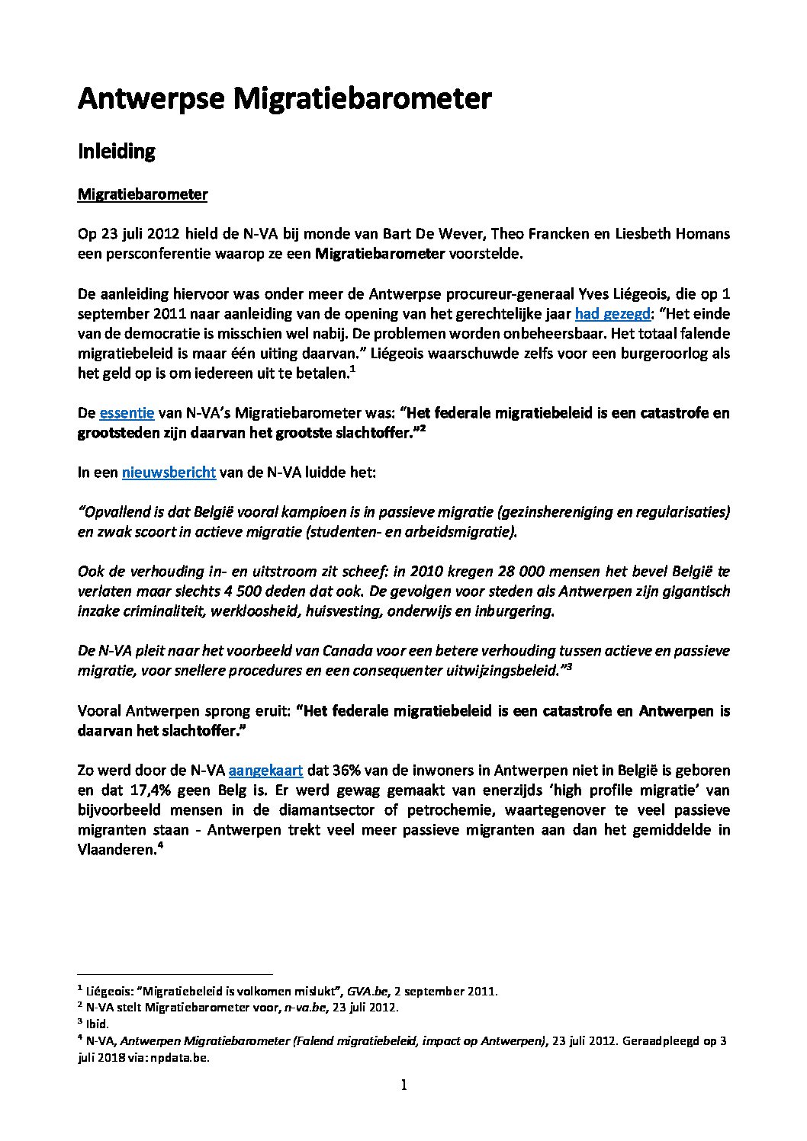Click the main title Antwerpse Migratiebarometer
285,99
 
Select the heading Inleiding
117,151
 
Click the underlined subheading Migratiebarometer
143,194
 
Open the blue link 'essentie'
127,413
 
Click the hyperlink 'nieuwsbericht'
169,473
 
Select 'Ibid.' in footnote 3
98,1024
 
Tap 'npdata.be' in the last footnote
182,1058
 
